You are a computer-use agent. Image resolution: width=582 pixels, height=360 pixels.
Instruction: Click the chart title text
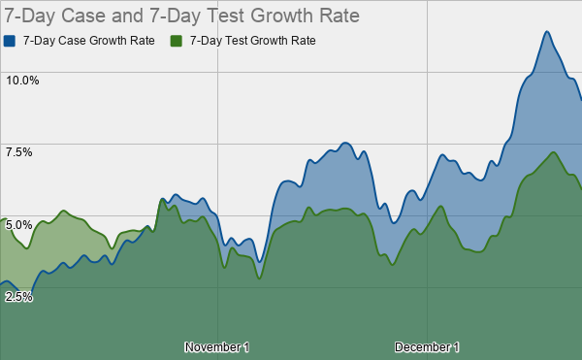pos(182,16)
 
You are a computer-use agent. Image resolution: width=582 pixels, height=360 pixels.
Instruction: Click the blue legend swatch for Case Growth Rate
pos(10,41)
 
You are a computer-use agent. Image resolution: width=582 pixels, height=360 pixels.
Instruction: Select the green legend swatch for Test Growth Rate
pos(177,41)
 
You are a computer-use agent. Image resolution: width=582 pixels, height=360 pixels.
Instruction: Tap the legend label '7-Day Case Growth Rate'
pos(87,41)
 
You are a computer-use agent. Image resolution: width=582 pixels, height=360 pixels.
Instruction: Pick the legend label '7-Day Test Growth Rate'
pos(253,41)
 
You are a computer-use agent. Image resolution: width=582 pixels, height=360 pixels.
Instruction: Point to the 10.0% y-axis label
pos(22,80)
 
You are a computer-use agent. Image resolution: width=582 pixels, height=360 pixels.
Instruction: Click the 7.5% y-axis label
pos(19,152)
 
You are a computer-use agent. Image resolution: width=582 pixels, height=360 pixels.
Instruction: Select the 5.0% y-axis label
pos(19,224)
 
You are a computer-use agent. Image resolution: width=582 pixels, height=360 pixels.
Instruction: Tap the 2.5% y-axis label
pos(19,296)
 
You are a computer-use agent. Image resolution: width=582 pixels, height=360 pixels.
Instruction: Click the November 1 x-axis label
pos(216,346)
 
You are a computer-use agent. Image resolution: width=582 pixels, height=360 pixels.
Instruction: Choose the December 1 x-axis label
pos(427,346)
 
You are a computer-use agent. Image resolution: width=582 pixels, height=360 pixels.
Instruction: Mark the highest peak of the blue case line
pos(547,32)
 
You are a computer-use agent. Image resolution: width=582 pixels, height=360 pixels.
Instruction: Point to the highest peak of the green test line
pos(552,152)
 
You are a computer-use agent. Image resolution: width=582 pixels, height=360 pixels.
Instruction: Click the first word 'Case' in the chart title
pos(79,16)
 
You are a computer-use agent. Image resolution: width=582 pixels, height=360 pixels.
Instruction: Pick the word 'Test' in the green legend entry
pos(237,41)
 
